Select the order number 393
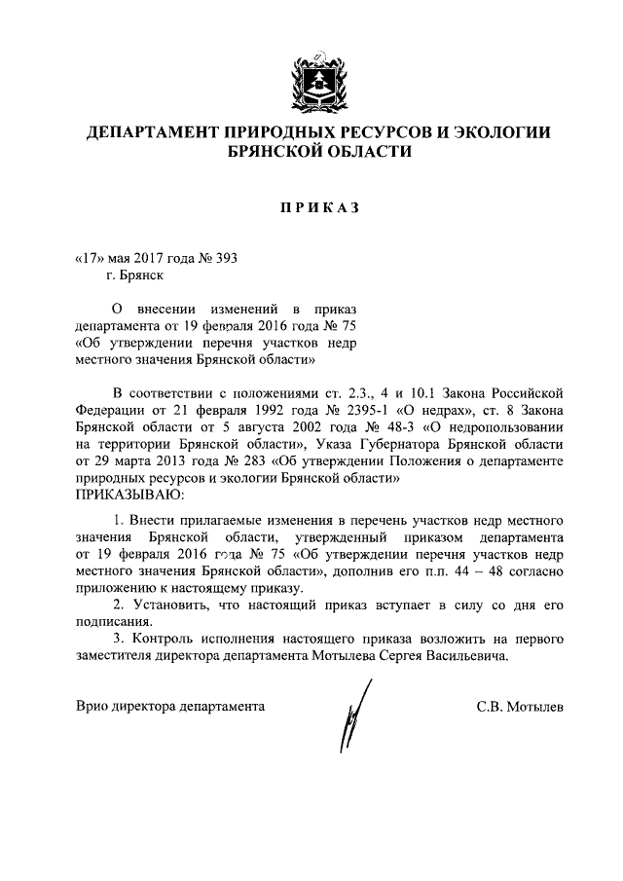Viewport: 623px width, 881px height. click(x=227, y=258)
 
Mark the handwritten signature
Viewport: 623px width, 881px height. click(x=347, y=718)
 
